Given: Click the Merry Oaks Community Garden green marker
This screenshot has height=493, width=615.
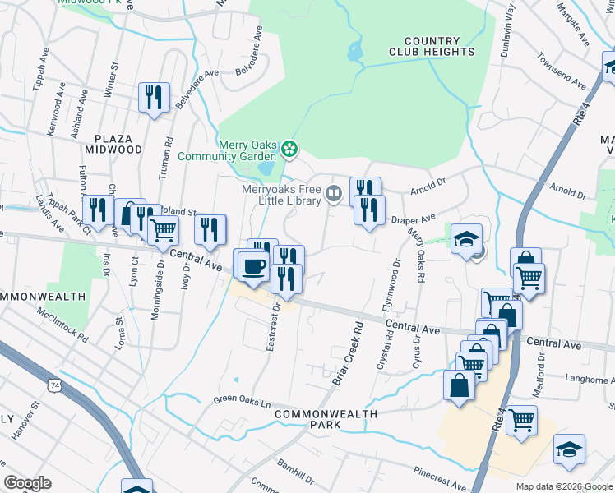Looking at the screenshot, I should (x=289, y=149).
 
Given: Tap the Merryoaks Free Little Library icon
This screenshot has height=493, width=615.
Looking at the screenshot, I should (x=334, y=195).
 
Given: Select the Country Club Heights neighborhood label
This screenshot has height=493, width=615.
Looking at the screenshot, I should (x=432, y=46).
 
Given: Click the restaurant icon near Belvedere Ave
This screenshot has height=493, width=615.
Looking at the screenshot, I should (x=154, y=98).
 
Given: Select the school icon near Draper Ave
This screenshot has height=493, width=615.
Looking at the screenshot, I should (x=466, y=239).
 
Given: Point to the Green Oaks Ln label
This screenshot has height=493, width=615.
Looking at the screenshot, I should (x=242, y=403).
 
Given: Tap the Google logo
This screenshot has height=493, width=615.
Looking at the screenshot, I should (x=27, y=482).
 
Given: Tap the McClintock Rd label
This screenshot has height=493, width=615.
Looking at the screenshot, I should (x=62, y=323).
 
